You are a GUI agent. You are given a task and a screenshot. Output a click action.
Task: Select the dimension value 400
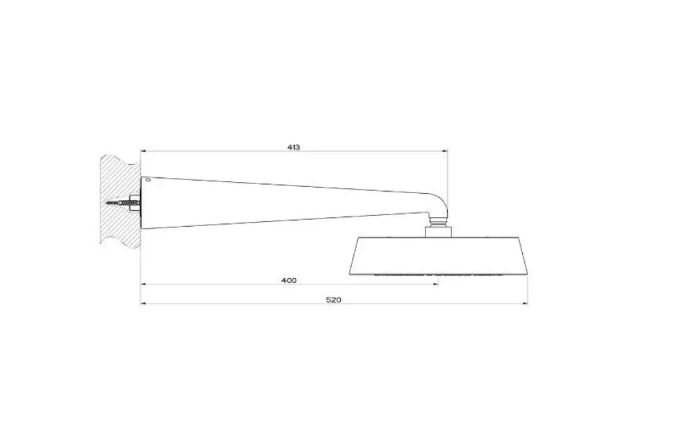pos(289,280)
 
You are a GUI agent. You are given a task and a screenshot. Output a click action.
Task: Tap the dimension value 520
pos(334,300)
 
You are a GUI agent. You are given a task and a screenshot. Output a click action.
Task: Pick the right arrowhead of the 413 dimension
pos(446,151)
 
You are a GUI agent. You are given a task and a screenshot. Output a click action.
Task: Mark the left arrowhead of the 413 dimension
pos(143,151)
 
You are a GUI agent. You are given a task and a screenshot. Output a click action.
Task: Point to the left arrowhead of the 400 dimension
pos(143,284)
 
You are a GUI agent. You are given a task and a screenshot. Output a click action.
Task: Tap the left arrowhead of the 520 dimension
pos(143,304)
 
